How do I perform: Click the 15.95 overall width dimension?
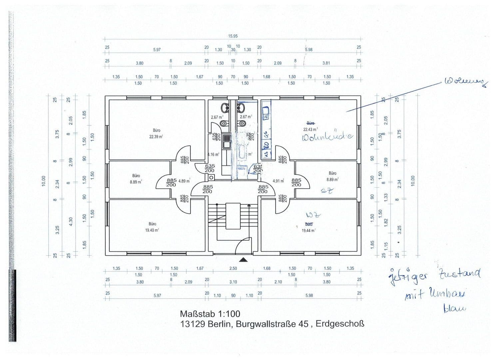tap(233, 36)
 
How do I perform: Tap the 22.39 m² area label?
tap(156, 136)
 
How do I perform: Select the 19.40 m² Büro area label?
tap(152, 230)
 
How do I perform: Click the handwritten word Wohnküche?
tap(327, 137)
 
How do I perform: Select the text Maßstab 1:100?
tap(210, 314)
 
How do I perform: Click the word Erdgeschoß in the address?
tap(340, 324)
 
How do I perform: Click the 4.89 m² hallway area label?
tap(184, 181)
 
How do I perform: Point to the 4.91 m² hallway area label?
tap(278, 181)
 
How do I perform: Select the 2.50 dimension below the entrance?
tap(233, 268)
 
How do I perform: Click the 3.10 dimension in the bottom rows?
tap(233, 282)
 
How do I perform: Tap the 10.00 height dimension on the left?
tap(44, 181)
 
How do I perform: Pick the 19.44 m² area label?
tap(308, 230)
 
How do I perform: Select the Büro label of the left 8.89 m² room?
tap(136, 176)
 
